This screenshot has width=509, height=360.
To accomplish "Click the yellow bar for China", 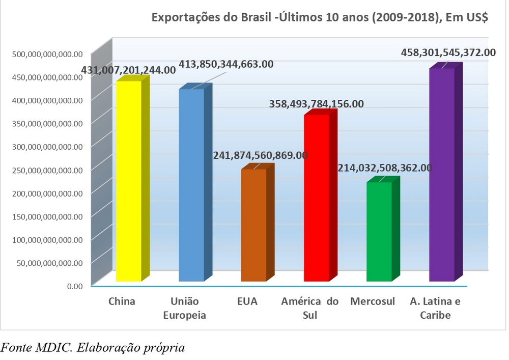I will [129, 181].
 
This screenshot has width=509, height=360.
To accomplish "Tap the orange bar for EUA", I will [253, 225].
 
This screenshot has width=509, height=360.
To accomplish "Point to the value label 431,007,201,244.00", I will [129, 70].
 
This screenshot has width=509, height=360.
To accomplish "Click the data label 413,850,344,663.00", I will [226, 65].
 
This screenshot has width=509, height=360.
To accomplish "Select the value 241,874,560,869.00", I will [260, 155].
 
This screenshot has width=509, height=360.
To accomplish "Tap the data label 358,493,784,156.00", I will [316, 104].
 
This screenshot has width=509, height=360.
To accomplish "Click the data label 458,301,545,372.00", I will [448, 52].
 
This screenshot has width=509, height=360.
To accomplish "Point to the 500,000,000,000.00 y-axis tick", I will [46, 54].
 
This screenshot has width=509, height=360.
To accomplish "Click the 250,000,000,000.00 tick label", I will [46, 170].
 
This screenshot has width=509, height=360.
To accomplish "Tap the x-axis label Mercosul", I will [373, 301].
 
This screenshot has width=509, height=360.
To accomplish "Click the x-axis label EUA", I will [247, 301].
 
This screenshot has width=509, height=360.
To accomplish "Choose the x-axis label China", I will [122, 301].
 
